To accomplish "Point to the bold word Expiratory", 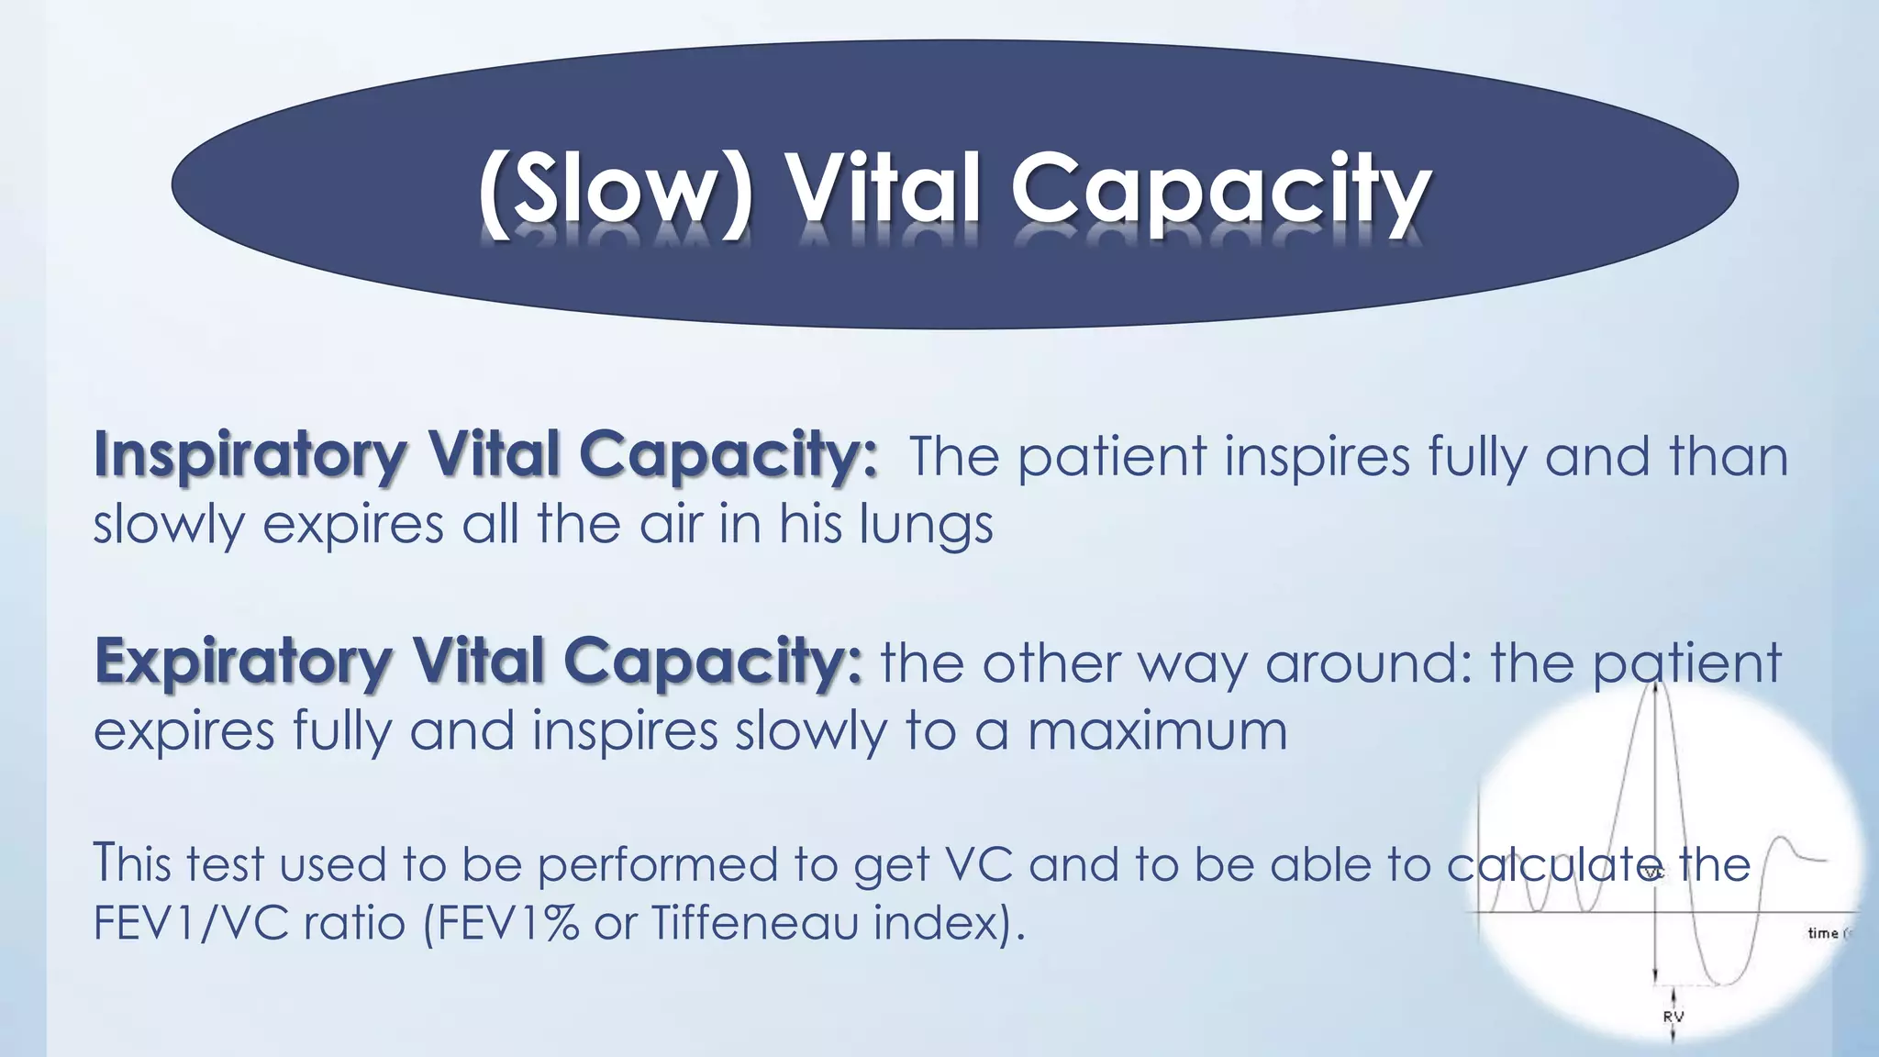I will pos(243,662).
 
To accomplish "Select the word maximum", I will pos(1157,731).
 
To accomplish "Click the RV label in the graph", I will pos(1673,1017).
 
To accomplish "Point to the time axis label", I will pos(1823,933).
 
